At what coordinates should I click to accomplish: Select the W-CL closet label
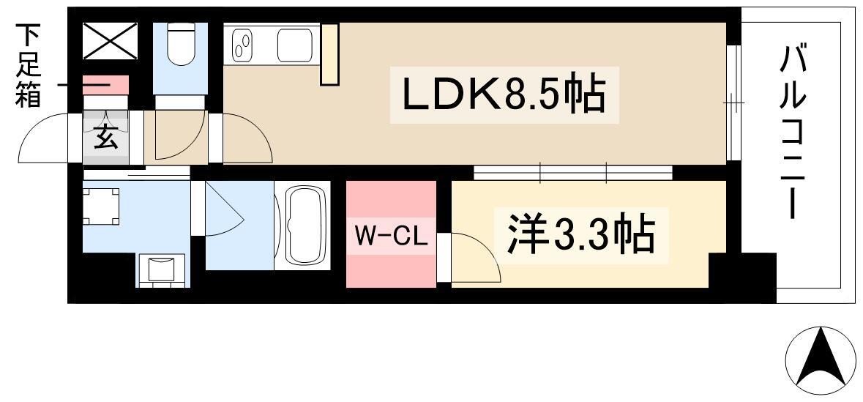[391, 236]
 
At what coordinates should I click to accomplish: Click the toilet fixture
[180, 45]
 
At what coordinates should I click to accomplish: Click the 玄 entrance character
[105, 138]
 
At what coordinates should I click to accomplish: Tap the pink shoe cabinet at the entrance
[105, 84]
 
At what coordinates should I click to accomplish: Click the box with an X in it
[110, 42]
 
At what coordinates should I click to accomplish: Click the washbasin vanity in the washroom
[163, 269]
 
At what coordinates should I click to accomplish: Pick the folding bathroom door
[220, 212]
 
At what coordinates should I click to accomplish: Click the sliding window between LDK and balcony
[733, 103]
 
